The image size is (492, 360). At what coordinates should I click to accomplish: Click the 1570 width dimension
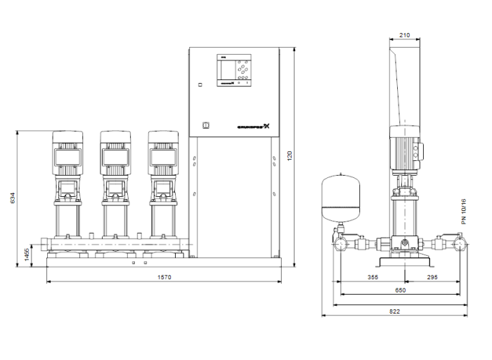click(x=164, y=278)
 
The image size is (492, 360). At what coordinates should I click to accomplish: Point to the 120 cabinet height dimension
click(x=289, y=154)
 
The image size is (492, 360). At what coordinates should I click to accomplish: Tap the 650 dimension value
click(x=399, y=290)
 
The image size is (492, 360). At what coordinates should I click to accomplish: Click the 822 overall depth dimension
click(x=395, y=310)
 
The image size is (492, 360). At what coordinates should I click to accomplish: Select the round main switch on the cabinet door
click(x=206, y=126)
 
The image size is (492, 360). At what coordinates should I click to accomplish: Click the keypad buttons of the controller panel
click(x=244, y=70)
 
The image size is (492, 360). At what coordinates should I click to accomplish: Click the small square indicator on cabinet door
click(x=200, y=84)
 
